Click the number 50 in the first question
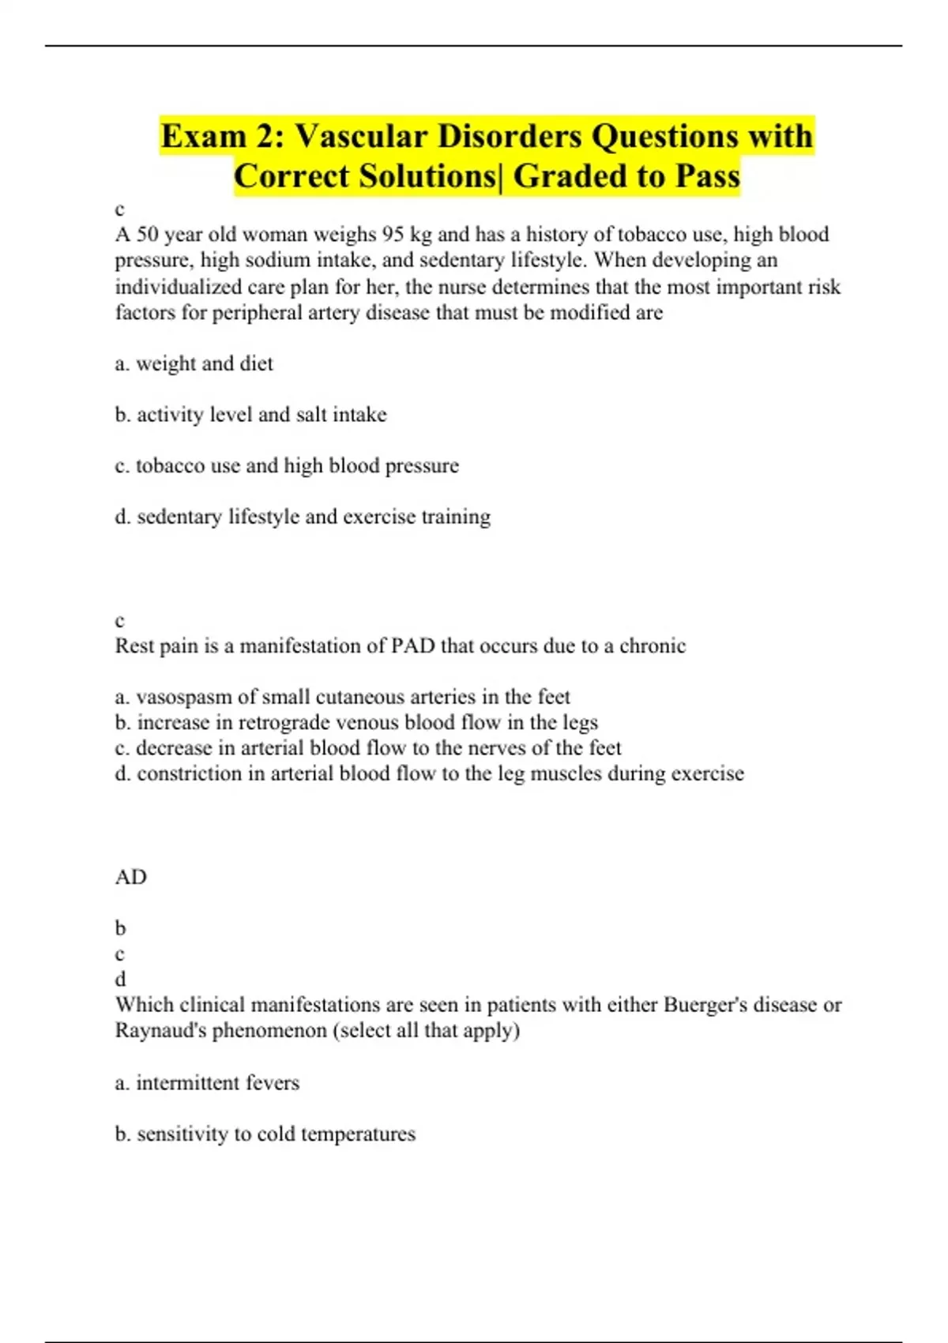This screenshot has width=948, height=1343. point(148,235)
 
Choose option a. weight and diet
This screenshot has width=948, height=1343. point(194,363)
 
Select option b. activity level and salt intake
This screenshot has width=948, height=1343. point(250,415)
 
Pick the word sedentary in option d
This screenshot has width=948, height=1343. point(179,517)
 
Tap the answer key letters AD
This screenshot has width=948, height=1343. point(131,877)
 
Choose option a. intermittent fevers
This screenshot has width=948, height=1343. point(207,1082)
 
